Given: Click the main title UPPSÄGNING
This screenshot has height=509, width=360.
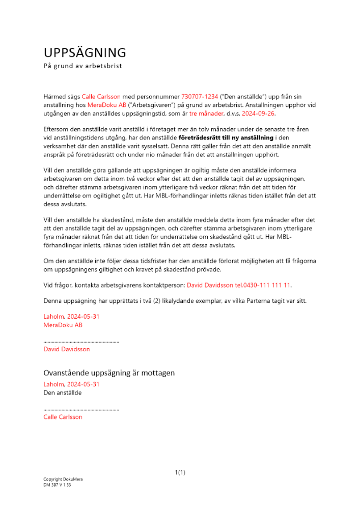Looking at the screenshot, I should click(x=85, y=52).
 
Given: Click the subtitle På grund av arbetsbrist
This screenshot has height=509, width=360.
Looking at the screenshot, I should click(x=82, y=66).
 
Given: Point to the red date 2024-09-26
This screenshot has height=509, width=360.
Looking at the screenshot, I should click(x=259, y=114).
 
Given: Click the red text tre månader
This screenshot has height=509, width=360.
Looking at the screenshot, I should click(x=206, y=114).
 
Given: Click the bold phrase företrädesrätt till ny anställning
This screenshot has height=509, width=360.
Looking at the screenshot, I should click(x=226, y=137).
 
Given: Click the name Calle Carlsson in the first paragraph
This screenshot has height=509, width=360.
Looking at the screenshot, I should click(x=101, y=96).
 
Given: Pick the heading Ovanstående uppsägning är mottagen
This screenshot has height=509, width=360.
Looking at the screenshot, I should click(x=109, y=373).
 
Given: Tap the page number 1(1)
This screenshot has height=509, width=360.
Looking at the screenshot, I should click(x=180, y=472).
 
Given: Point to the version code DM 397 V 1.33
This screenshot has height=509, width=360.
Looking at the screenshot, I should click(x=57, y=485).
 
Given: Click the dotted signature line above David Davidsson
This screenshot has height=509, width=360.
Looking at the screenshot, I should click(x=81, y=342).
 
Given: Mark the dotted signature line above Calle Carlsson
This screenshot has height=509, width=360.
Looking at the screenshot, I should click(x=81, y=409).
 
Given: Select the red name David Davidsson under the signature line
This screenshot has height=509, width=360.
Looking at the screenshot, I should click(x=67, y=349).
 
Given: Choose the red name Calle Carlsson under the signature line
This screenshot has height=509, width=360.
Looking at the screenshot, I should click(x=63, y=417).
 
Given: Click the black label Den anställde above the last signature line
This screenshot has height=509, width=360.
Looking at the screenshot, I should click(x=63, y=392).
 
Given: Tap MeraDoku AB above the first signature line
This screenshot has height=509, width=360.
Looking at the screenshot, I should click(x=63, y=325).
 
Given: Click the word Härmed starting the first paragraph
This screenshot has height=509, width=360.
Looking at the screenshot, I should click(x=55, y=96).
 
